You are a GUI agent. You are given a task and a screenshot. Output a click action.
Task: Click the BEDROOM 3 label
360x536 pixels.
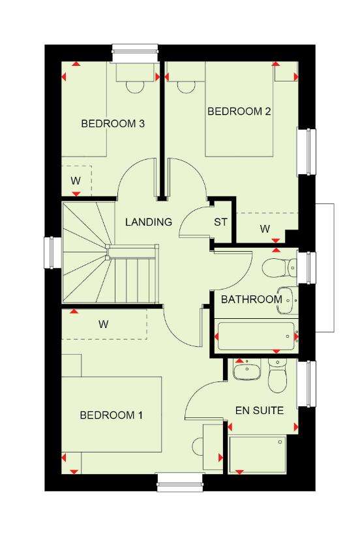tap(113, 123)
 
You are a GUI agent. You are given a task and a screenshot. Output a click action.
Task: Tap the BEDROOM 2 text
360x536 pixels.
tap(239, 111)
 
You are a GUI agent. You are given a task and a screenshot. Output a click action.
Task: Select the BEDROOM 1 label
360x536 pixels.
tap(111, 415)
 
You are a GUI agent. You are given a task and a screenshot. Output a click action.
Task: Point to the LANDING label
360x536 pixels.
tap(149, 222)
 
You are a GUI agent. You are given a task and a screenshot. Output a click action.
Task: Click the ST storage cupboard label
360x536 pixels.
tap(220, 222)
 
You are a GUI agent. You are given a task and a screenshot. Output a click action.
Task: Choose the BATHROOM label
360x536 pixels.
tap(252, 299)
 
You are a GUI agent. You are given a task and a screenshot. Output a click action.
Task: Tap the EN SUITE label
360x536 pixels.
tap(260, 410)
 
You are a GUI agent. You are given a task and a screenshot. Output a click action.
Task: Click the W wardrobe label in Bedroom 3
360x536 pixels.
tap(76, 181)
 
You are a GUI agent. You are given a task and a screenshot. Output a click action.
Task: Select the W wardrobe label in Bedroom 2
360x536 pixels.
tap(265, 229)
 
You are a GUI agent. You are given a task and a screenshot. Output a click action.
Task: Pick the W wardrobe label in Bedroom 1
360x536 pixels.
tap(104, 323)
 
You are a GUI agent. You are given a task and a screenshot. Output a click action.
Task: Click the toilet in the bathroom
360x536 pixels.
tap(280, 267)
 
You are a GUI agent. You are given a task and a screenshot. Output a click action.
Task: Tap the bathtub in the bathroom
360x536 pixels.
tap(256, 336)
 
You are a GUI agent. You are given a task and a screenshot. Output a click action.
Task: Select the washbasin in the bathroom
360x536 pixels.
tap(286, 301)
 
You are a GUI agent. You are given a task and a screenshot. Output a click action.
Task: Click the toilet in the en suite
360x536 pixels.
tap(277, 376)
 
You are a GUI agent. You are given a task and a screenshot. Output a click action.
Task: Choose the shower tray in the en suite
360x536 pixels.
tap(257, 454)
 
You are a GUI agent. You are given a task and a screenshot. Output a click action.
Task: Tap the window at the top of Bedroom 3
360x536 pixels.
tap(136, 53)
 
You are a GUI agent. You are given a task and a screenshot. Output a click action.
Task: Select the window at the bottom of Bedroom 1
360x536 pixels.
tap(180, 483)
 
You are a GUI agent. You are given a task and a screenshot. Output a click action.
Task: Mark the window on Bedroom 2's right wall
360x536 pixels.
tap(307, 152)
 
